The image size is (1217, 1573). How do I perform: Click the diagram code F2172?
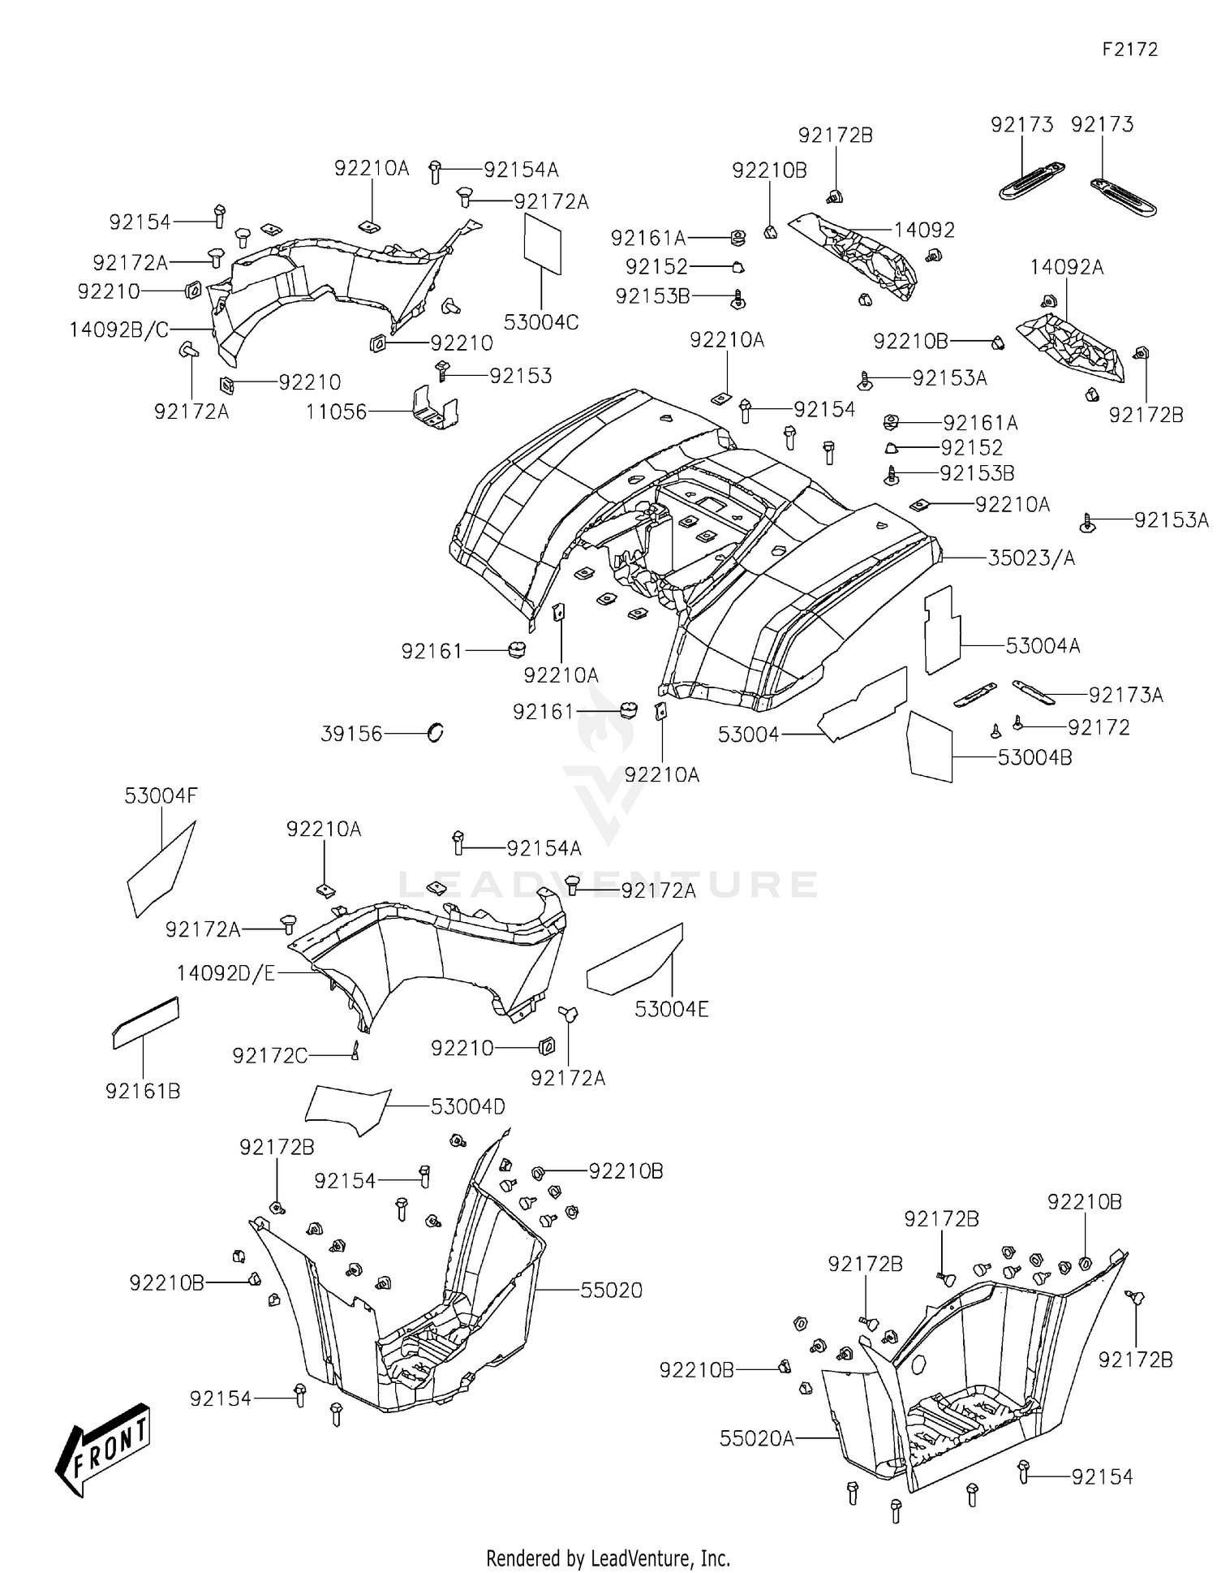point(1129,50)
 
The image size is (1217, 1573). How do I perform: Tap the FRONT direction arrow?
point(104,1450)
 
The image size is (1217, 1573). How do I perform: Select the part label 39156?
point(350,734)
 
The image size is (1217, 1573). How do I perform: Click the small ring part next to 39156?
point(436,733)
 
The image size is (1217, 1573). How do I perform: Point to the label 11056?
point(336,412)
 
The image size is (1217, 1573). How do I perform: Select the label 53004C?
point(540,322)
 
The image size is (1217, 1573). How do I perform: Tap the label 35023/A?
point(1030,558)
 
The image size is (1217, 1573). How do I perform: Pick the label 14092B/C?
point(118,330)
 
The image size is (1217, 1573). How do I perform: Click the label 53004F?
point(161,796)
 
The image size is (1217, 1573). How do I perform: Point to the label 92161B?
point(143,1091)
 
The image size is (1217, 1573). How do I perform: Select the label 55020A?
point(756,1438)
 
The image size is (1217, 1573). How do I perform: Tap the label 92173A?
point(1125,695)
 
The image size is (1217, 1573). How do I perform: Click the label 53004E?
point(671,1009)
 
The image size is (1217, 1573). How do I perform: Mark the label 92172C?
point(269,1055)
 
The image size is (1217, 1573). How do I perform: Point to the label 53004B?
point(1034,757)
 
